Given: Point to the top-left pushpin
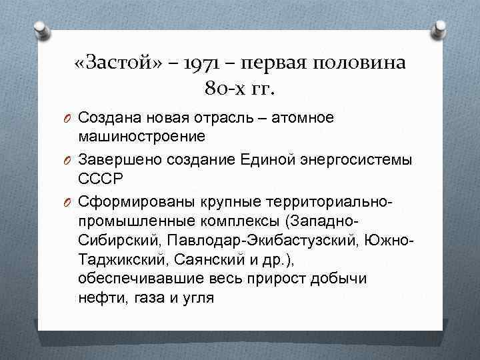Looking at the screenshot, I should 41,29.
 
